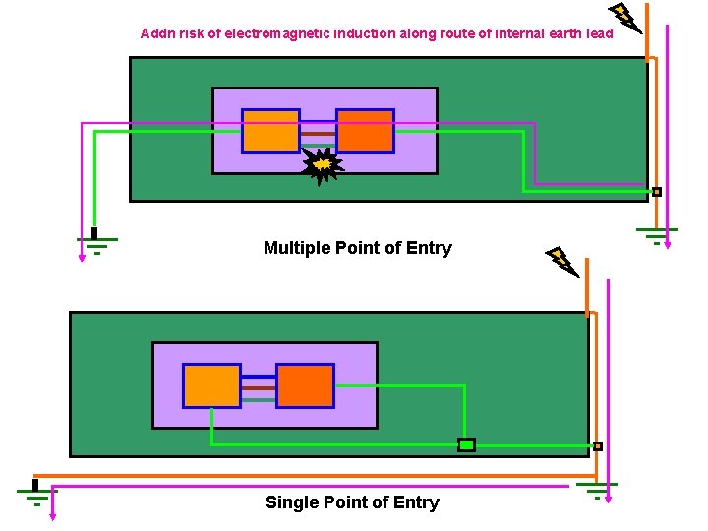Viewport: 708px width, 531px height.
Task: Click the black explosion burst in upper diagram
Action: (x=322, y=167)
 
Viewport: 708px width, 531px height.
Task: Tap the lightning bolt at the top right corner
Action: (x=624, y=18)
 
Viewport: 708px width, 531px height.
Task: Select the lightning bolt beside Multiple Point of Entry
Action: (x=561, y=261)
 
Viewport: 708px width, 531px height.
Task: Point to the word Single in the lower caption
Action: (x=290, y=502)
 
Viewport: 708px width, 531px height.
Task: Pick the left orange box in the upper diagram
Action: (x=270, y=131)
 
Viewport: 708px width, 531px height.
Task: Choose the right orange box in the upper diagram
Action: (x=365, y=131)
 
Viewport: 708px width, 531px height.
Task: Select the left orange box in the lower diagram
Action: (x=211, y=385)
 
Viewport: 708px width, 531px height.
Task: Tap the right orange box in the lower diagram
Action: (x=305, y=385)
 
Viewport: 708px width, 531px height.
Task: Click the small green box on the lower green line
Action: (x=466, y=445)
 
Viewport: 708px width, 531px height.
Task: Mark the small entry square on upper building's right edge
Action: (x=657, y=192)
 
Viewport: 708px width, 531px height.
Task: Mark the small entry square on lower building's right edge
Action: (x=597, y=446)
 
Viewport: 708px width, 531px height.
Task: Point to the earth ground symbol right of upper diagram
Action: (x=655, y=234)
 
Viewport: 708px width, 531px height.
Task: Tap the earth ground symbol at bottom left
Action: (x=36, y=493)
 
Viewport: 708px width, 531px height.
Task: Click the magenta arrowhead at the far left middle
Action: (x=82, y=258)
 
